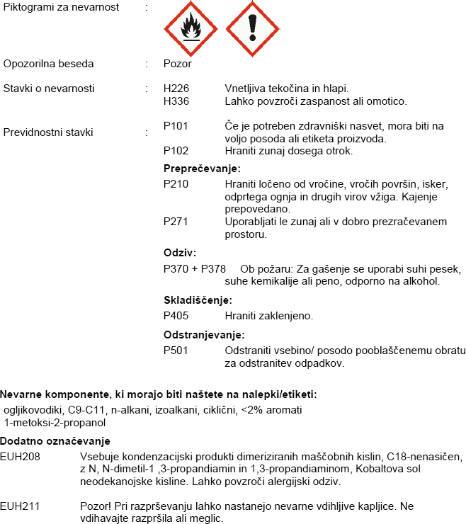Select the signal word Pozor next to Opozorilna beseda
click(177, 64)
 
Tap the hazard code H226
click(177, 89)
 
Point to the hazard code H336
click(177, 101)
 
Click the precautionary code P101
click(176, 126)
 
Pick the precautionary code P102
click(176, 151)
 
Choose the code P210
click(176, 184)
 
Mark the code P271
click(176, 222)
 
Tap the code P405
click(176, 315)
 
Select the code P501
click(176, 351)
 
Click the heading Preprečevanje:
click(202, 169)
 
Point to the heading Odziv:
click(180, 253)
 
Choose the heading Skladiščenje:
click(198, 300)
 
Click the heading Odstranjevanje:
click(204, 335)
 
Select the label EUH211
click(20, 506)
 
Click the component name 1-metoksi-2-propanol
click(55, 423)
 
